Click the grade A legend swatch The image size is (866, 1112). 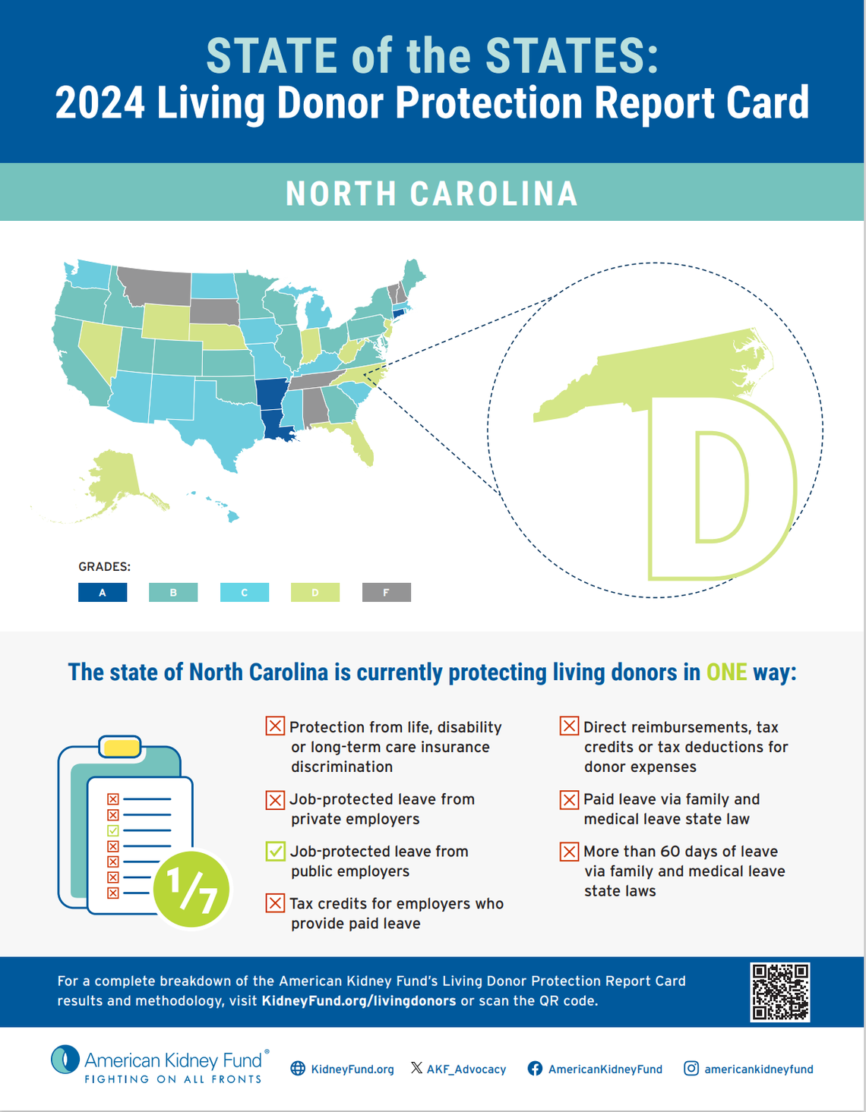[103, 592]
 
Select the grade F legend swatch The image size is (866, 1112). [386, 592]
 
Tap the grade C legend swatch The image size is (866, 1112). [244, 592]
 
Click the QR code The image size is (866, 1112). [780, 992]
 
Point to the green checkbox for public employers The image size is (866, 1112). [275, 852]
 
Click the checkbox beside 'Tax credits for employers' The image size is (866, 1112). [275, 903]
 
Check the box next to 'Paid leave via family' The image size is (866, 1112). [569, 799]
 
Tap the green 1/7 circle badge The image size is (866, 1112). [191, 889]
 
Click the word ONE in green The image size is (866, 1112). [726, 673]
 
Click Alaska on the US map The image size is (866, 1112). [114, 478]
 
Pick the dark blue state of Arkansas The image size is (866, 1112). [270, 393]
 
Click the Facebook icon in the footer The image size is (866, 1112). [535, 1069]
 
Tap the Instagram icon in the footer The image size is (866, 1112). [691, 1069]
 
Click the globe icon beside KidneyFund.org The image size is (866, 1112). [298, 1069]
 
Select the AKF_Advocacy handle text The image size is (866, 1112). [466, 1069]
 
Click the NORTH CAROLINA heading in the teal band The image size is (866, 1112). [431, 194]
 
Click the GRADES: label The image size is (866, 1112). [104, 567]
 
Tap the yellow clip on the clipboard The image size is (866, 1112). [121, 747]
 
